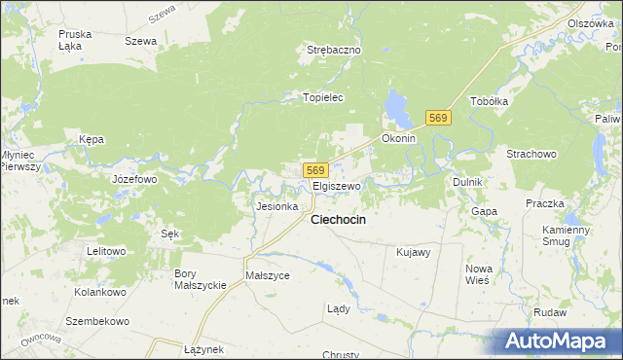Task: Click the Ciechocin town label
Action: point(338,220)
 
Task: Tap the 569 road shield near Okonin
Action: point(438,118)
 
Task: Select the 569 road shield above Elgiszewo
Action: point(314,170)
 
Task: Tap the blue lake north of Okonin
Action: point(398,108)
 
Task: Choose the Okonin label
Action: point(398,138)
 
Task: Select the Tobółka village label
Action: point(490,101)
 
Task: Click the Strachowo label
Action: point(531,154)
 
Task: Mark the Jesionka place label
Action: point(275,206)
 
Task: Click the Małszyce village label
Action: point(268,275)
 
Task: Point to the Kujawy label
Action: point(414,252)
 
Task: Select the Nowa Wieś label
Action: point(478,274)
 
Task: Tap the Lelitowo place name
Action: point(106,251)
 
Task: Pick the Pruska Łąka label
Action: point(75,39)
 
